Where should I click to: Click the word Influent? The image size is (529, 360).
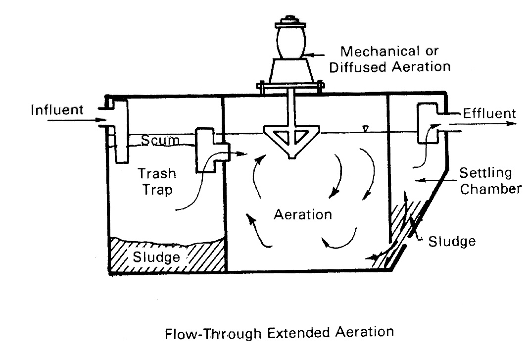(x=57, y=109)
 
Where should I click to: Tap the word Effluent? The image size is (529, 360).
(x=489, y=113)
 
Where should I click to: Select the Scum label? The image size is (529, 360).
(x=159, y=141)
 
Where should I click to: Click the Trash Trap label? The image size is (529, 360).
(x=157, y=182)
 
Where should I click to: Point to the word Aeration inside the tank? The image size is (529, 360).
(x=302, y=215)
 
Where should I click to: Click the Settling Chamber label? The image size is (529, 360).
(x=490, y=181)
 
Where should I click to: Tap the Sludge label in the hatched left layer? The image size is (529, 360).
(x=156, y=257)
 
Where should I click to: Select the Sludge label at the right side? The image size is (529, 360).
(x=452, y=241)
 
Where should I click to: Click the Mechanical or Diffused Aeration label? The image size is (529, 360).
(x=390, y=58)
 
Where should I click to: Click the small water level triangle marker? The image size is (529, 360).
(x=365, y=129)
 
